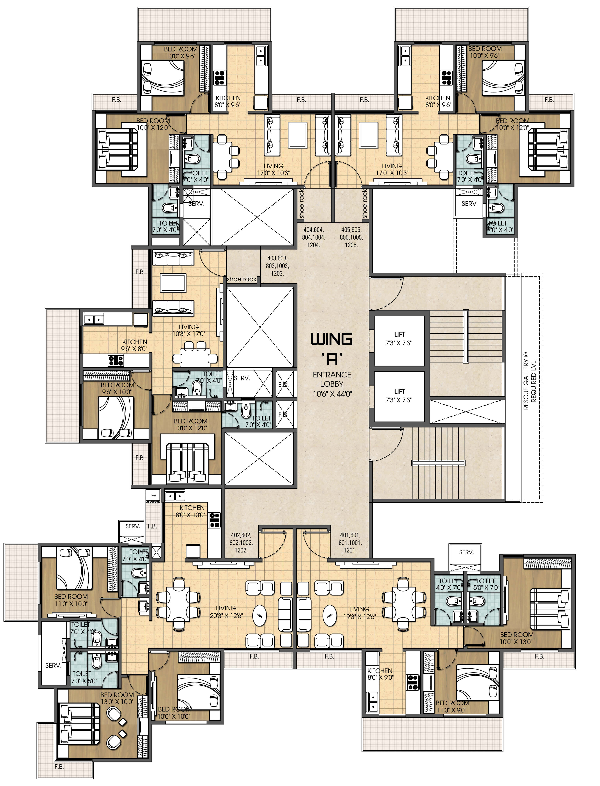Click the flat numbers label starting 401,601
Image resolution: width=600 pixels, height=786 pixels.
[x=350, y=543]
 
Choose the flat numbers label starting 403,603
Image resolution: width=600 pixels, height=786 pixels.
[x=277, y=266]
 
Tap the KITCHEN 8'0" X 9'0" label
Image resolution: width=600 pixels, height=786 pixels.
[x=380, y=674]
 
